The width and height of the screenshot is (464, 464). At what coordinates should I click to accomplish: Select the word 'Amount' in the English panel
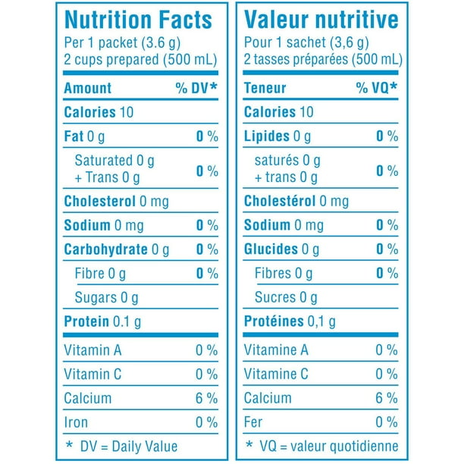[x=87, y=88]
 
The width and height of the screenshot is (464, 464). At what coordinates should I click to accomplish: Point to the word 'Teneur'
[x=265, y=88]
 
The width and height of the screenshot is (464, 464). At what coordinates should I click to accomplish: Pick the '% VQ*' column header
[x=377, y=88]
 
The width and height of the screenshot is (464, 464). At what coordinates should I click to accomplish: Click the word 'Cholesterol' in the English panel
[x=99, y=202]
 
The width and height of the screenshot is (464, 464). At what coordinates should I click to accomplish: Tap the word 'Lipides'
[x=267, y=136]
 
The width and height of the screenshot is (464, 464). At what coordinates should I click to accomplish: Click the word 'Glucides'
[x=271, y=249]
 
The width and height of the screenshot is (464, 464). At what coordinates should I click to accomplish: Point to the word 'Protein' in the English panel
[x=86, y=321]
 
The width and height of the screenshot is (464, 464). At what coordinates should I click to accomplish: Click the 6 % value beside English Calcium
[x=206, y=398]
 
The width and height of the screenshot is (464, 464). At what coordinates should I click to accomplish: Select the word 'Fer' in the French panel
[x=254, y=422]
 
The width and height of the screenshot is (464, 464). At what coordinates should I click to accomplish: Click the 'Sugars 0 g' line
[x=106, y=297]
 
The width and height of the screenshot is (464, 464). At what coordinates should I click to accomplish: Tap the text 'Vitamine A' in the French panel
[x=276, y=350]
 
